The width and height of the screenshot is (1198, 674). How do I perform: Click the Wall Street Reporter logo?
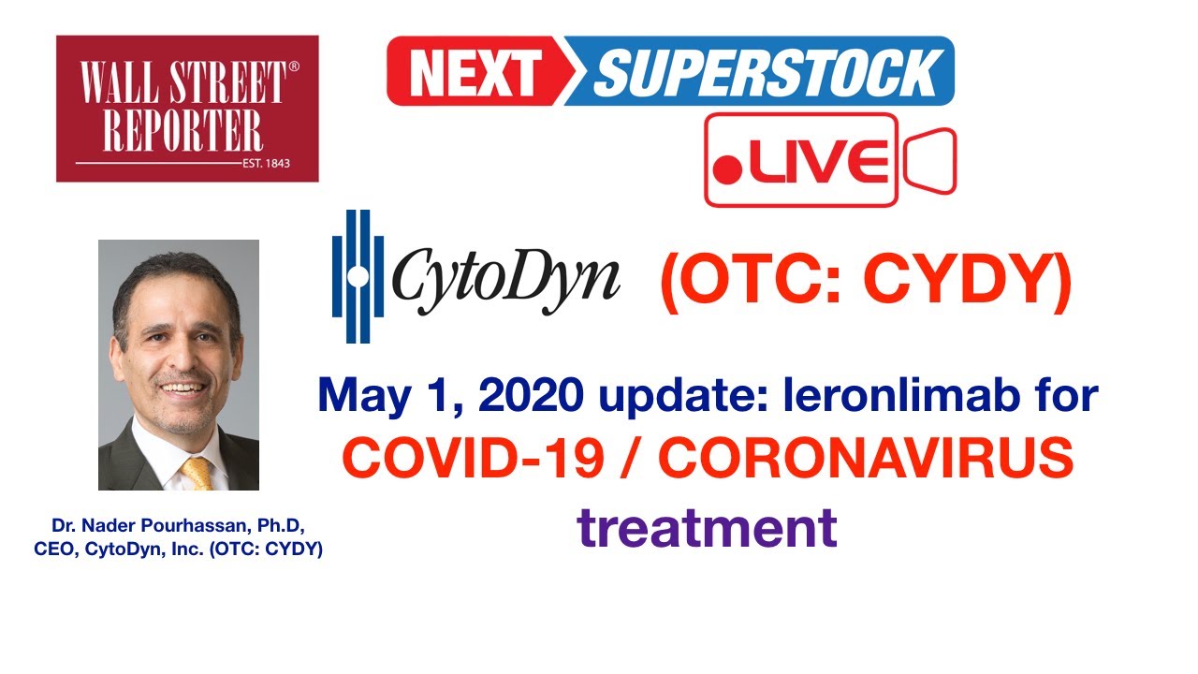click(x=187, y=108)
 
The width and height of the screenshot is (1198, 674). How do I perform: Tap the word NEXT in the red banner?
click(x=475, y=71)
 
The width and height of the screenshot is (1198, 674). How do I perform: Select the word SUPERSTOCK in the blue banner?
click(x=766, y=71)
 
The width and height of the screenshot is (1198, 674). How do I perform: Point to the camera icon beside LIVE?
click(x=928, y=161)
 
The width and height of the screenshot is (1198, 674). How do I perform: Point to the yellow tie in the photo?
click(x=197, y=472)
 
